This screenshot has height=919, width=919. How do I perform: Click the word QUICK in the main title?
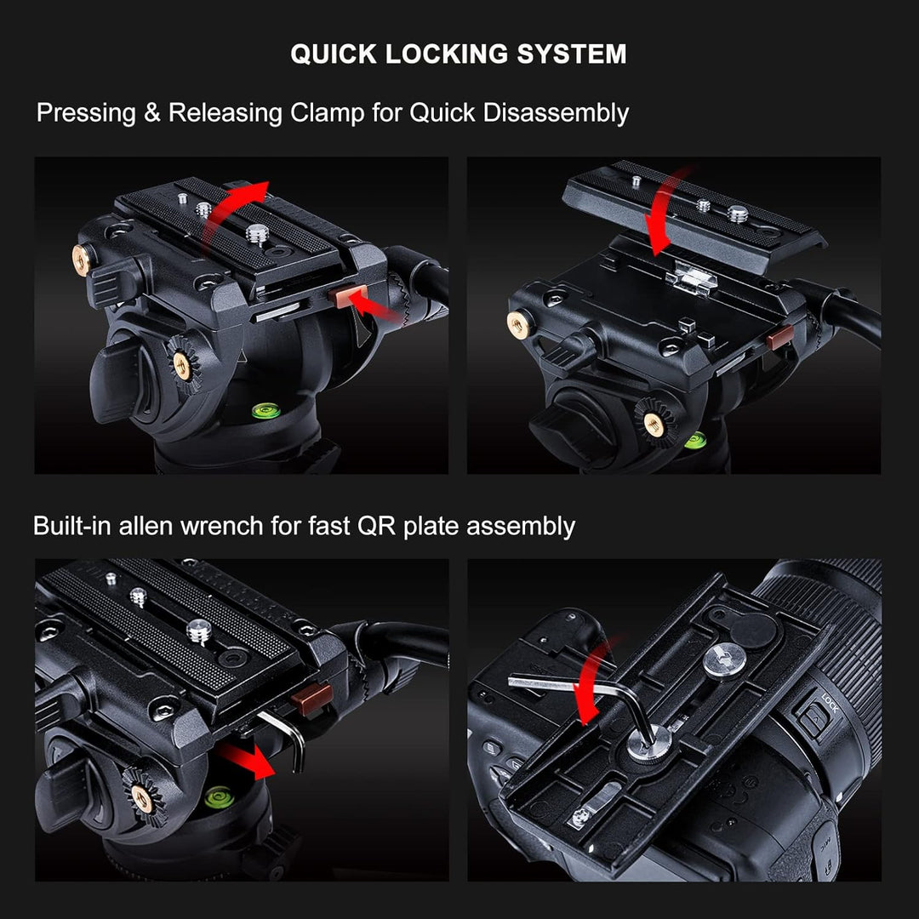coord(332,54)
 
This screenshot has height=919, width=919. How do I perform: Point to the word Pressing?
coord(86,113)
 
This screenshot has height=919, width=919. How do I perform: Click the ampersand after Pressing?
coord(151,113)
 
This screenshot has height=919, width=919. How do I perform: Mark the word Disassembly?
coord(556,113)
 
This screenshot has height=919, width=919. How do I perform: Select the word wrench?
coord(225,526)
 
